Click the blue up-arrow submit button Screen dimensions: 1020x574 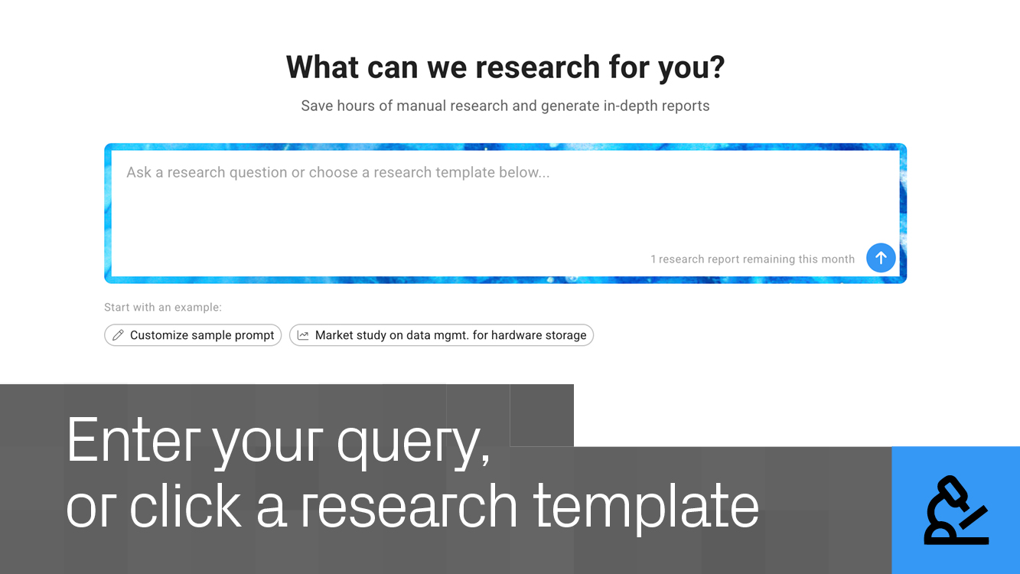881,258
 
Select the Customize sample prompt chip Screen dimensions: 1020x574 193,335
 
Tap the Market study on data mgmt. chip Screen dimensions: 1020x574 442,335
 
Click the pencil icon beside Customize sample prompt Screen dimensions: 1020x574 118,335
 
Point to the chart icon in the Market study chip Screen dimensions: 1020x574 303,335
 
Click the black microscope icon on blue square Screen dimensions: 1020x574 956,510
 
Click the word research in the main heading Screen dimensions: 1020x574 538,67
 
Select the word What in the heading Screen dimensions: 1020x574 322,67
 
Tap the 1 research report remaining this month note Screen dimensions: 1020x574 753,259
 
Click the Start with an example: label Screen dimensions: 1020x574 163,307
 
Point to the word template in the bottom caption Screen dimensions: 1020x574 646,507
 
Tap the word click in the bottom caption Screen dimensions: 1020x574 185,504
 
